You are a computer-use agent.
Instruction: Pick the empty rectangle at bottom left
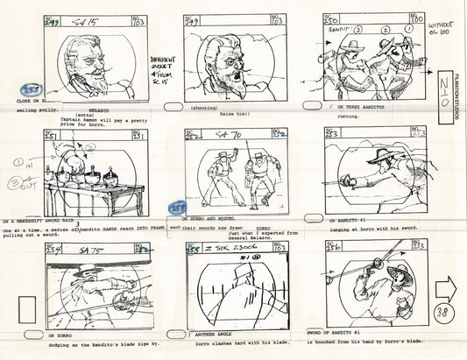[25, 310]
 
